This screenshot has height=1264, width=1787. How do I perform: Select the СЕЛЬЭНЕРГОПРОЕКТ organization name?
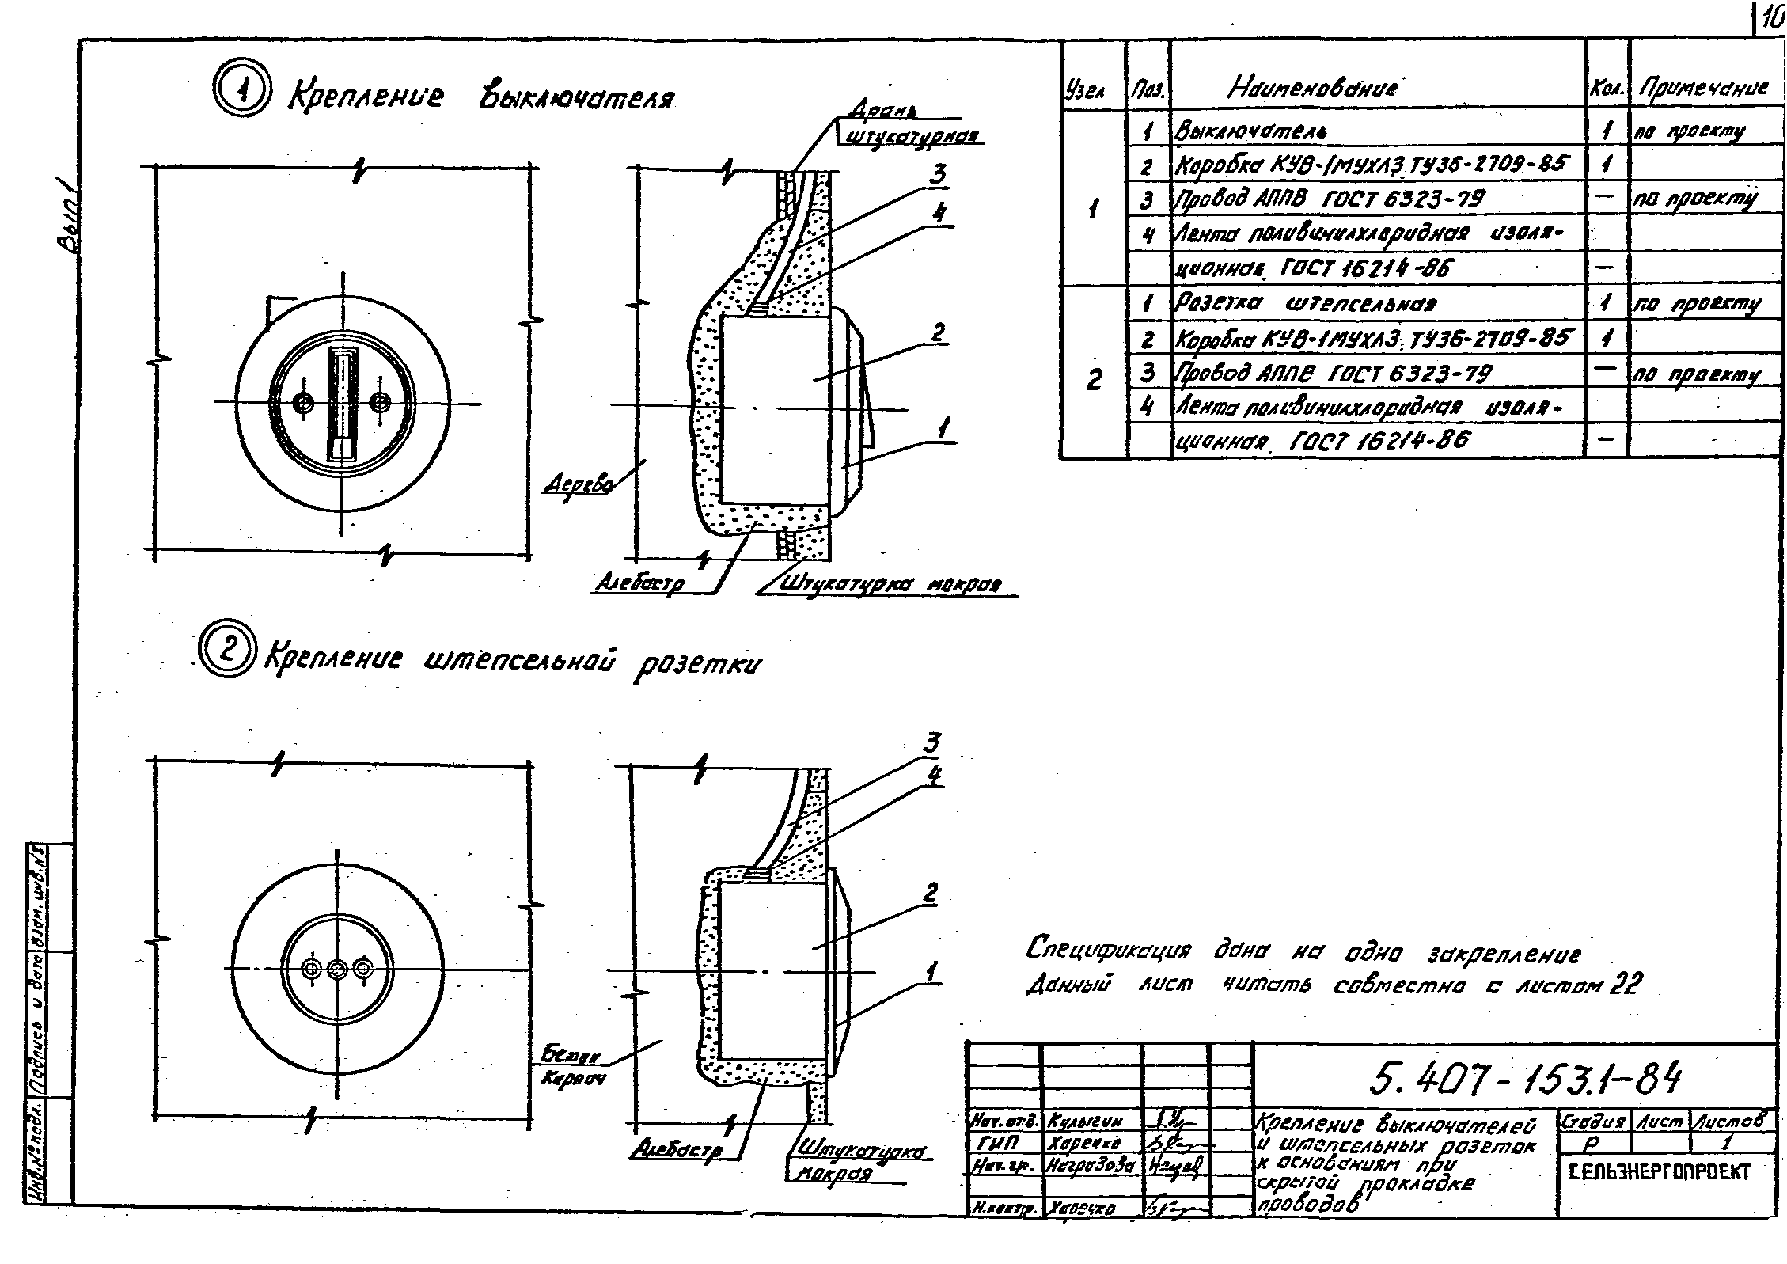(1659, 1171)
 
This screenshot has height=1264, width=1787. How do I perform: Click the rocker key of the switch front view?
(342, 404)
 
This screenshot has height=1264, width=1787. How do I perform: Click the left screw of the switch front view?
(302, 404)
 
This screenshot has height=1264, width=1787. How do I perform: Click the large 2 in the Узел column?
(1093, 381)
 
